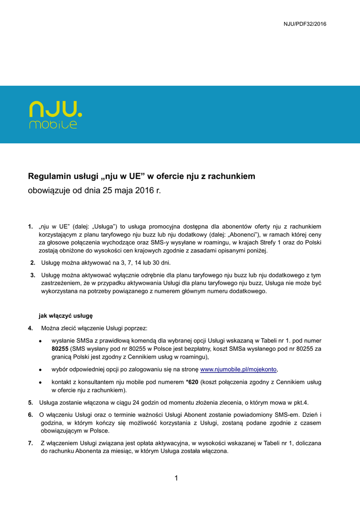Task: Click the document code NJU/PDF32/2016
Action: point(305,24)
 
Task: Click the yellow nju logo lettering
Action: point(56,110)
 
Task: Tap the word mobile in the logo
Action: point(53,125)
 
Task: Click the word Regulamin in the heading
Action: point(49,176)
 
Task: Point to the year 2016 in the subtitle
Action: point(144,190)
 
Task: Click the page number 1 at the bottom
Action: point(176,478)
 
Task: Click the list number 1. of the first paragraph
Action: point(31,227)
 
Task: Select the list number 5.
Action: point(31,402)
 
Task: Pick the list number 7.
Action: point(31,443)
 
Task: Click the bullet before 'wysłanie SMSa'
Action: point(40,341)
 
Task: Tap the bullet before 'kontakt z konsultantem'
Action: point(40,382)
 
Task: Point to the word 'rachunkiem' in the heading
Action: point(232,176)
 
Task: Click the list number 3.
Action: point(32,275)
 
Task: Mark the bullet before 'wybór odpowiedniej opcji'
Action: point(40,370)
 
